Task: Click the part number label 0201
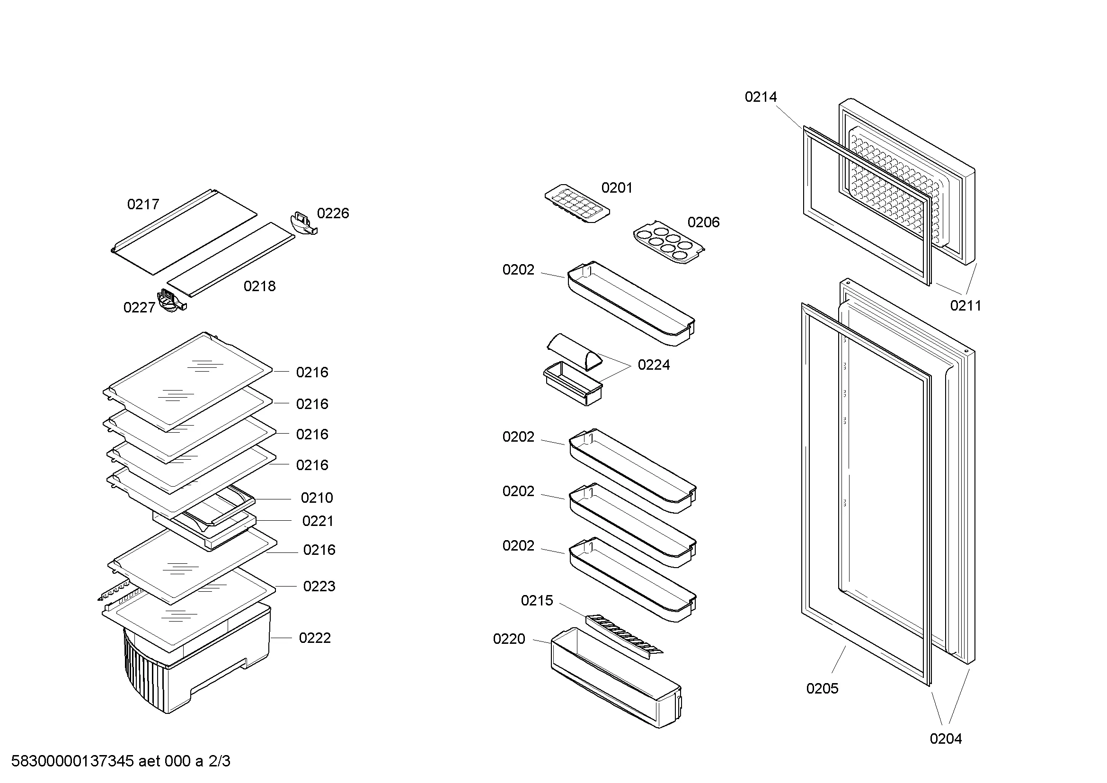[x=617, y=188]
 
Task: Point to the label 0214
[x=761, y=98]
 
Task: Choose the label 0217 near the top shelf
[x=143, y=205]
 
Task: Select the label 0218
[x=259, y=286]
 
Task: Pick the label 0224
[x=653, y=365]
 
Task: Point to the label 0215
[x=537, y=601]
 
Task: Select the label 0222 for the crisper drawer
[x=314, y=638]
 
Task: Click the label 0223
[x=319, y=586]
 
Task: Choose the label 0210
[x=316, y=498]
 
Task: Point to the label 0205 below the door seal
[x=822, y=688]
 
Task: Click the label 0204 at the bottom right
[x=946, y=739]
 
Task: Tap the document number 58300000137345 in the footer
[x=72, y=761]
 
